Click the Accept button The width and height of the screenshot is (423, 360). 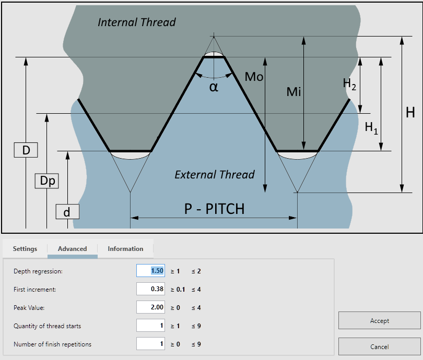379,320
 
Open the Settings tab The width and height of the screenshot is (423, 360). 25,248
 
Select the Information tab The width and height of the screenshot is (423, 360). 125,248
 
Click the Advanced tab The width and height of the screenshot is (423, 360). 72,248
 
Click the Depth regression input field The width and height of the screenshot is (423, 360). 150,271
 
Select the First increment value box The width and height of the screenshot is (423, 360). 150,289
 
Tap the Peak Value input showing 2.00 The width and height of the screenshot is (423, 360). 150,307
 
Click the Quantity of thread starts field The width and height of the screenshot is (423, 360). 150,326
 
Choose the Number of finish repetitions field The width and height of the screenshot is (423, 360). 150,344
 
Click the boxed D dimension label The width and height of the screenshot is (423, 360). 26,150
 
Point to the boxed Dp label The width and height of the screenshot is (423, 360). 47,181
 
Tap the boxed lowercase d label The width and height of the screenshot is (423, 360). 67,212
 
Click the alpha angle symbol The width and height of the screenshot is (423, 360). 214,87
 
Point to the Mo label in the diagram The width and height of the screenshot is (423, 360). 254,77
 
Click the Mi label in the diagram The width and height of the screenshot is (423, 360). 293,92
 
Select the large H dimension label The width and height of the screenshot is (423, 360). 410,112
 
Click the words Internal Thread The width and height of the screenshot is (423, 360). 137,22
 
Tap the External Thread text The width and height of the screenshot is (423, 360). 215,175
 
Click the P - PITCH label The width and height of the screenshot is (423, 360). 215,209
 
